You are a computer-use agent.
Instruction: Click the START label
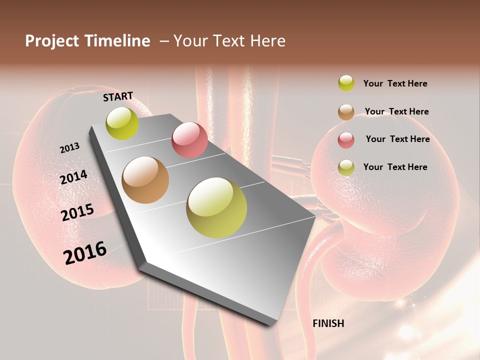pos(118,96)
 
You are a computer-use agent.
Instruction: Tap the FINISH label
pos(328,323)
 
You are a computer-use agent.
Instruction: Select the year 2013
pos(70,148)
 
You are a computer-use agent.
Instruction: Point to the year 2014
pos(74,177)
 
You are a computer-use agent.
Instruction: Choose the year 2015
pos(77,212)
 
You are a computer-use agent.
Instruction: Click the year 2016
pos(85,253)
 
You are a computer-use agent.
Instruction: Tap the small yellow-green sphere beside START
pos(122,123)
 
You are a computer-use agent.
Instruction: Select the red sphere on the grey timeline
pos(189,140)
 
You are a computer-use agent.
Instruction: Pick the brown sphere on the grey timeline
pos(145,180)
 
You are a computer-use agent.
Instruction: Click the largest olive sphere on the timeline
pos(216,207)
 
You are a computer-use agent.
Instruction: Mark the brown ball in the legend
pos(346,112)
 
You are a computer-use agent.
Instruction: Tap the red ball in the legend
pos(346,140)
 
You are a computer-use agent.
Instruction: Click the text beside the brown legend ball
pos(396,111)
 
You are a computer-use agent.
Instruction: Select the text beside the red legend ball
pos(397,139)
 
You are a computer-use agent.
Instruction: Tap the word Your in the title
pos(190,41)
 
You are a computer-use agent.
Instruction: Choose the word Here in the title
pos(267,41)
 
